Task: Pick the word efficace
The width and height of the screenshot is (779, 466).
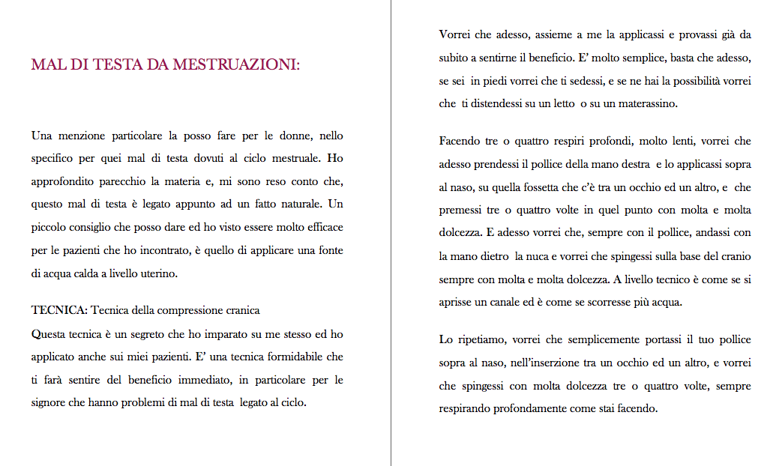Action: pyautogui.click(x=322, y=227)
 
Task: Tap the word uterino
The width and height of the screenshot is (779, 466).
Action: pyautogui.click(x=158, y=273)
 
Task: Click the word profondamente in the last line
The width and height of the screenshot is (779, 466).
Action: pyautogui.click(x=538, y=409)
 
